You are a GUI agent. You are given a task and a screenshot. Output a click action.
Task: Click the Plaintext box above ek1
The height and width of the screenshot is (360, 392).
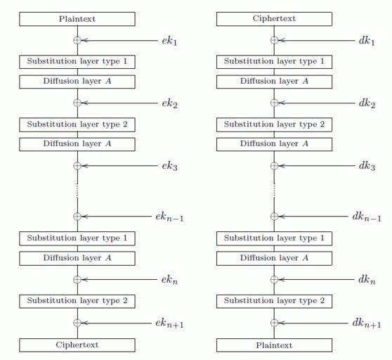(77, 19)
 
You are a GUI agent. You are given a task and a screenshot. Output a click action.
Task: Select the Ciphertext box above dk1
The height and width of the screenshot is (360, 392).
(274, 19)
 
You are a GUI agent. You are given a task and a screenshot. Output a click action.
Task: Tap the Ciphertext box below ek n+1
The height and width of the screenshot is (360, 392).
(77, 345)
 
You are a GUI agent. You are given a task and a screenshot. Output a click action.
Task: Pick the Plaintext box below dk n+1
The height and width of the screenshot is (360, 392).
(274, 345)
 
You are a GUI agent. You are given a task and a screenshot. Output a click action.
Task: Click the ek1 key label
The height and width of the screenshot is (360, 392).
(169, 41)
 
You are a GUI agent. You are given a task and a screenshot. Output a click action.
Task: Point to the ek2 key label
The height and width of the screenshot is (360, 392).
(169, 103)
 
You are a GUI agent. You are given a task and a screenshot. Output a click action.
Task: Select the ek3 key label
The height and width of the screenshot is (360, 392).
(169, 166)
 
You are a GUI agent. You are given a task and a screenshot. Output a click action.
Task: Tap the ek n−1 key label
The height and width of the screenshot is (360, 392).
(169, 217)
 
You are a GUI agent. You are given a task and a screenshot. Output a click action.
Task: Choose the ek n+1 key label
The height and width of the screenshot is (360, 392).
(169, 323)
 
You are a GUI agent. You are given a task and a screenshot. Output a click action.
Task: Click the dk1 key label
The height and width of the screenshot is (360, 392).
(367, 41)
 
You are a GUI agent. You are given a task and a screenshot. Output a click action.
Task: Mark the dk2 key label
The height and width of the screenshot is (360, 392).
(367, 103)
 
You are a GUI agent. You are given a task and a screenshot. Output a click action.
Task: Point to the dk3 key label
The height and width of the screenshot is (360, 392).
(367, 166)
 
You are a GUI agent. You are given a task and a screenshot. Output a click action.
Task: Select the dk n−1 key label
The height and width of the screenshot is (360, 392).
(367, 217)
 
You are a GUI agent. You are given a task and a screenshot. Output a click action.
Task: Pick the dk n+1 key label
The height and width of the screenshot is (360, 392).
(367, 323)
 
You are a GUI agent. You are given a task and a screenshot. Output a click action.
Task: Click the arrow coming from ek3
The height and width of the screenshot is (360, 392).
(119, 166)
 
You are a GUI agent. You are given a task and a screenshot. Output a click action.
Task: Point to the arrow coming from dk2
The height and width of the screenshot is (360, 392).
(317, 103)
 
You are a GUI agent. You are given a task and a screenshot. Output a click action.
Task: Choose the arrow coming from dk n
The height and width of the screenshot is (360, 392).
(316, 279)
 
